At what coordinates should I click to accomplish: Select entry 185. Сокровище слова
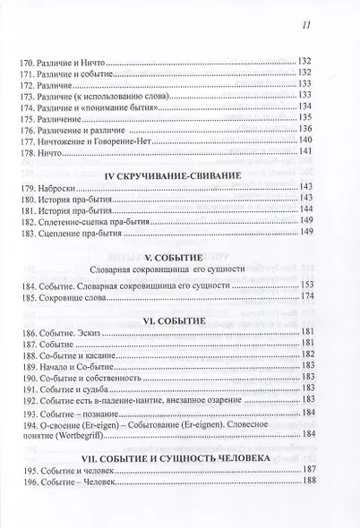point(62,296)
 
